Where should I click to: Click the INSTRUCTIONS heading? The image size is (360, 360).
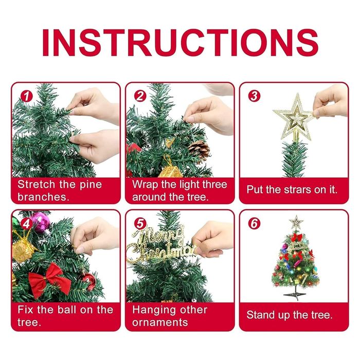tap(180, 43)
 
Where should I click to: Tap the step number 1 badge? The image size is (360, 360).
tap(27, 97)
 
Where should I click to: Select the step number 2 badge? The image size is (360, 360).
tap(140, 96)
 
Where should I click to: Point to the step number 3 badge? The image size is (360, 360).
tap(255, 96)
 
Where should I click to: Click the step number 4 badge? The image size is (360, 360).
tap(27, 224)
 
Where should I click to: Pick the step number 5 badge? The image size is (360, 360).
tap(140, 224)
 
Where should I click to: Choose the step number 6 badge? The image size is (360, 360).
tap(255, 224)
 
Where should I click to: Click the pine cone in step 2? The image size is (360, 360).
tap(200, 151)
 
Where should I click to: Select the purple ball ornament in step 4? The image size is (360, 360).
tap(41, 222)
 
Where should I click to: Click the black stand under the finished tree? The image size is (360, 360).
tap(295, 293)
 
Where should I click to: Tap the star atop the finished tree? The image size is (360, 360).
tap(296, 222)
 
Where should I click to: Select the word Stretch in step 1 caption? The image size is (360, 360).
tap(37, 184)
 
